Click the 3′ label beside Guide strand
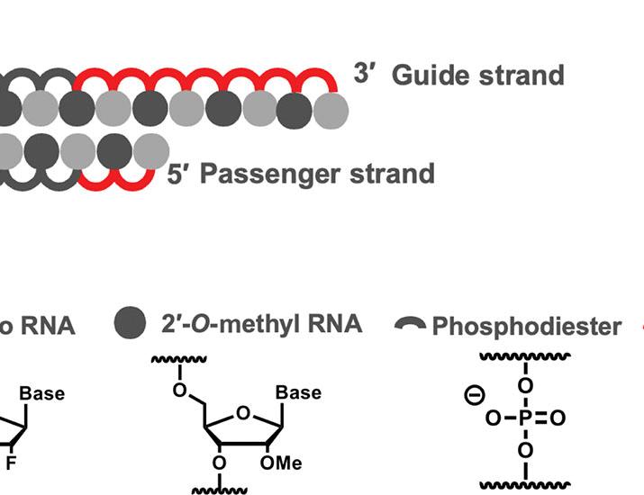coord(365,74)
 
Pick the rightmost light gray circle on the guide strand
coord(331,109)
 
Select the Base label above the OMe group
coord(296,393)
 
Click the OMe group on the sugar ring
coord(283,463)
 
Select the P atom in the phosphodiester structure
coord(526,418)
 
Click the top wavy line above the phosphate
coord(526,357)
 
